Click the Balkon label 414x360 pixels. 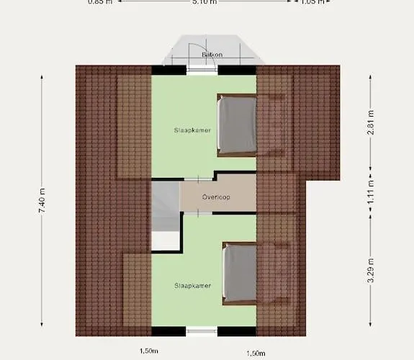[x=212, y=55]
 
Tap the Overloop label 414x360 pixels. [x=216, y=197]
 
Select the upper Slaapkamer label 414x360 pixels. [x=191, y=130]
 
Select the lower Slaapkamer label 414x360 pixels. [x=192, y=286]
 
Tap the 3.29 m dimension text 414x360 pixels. [x=371, y=270]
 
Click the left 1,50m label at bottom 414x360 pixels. [x=149, y=351]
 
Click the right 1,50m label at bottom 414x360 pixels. [x=256, y=353]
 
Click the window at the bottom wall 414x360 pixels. [x=202, y=332]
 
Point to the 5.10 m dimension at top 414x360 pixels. [x=204, y=2]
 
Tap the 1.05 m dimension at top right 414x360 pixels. [x=312, y=2]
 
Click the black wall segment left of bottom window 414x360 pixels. [x=168, y=331]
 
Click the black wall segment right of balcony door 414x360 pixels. [x=236, y=70]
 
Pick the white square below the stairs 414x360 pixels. [x=163, y=240]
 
